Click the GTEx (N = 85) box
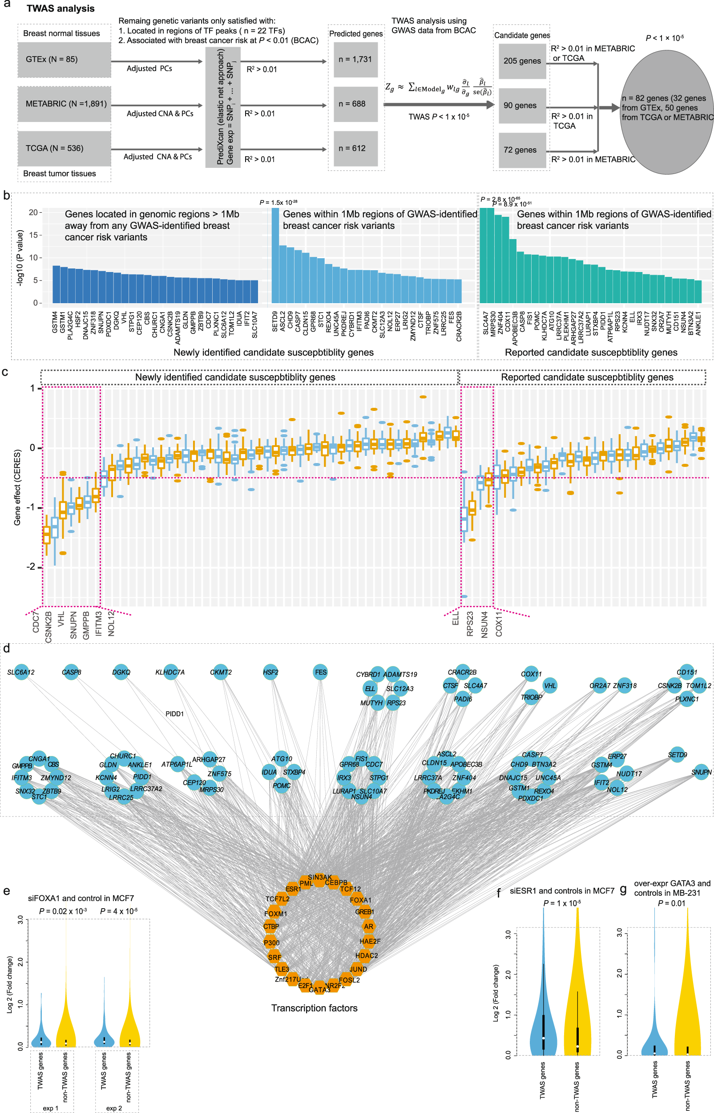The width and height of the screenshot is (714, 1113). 64,59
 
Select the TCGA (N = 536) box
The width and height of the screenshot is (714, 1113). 64,148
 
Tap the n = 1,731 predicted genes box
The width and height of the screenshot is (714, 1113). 355,59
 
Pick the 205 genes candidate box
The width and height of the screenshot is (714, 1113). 522,61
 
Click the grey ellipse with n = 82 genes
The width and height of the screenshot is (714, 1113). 666,111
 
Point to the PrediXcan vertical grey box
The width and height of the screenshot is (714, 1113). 222,107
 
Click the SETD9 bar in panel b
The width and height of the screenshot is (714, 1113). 275,255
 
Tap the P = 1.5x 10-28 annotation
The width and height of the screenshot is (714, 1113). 278,202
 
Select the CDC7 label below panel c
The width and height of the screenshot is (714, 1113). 36,621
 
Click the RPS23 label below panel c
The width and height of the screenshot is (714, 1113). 470,624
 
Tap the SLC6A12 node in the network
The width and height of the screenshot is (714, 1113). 21,672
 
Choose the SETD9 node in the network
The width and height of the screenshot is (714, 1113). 678,755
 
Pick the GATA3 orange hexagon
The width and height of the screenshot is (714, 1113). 319,988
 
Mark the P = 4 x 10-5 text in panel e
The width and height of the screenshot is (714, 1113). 119,911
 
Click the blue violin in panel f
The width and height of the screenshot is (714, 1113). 543,1021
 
